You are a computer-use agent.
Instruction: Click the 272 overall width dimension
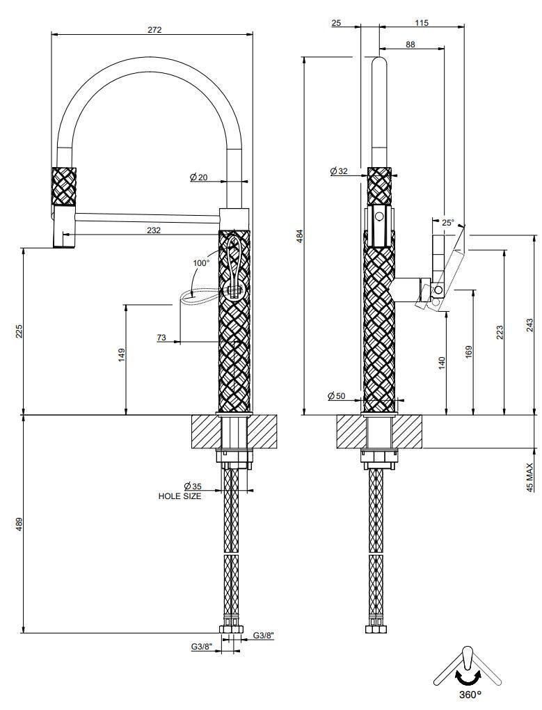[154, 30]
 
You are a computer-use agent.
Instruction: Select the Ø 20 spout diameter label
[198, 177]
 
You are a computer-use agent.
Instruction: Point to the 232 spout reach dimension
[154, 230]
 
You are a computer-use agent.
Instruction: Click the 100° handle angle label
[201, 262]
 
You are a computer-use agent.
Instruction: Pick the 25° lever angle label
[448, 222]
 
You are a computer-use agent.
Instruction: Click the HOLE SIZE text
[180, 496]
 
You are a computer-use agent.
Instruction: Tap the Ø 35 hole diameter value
[193, 487]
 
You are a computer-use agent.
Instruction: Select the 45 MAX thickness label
[529, 478]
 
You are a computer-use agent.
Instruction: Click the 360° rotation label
[470, 694]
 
